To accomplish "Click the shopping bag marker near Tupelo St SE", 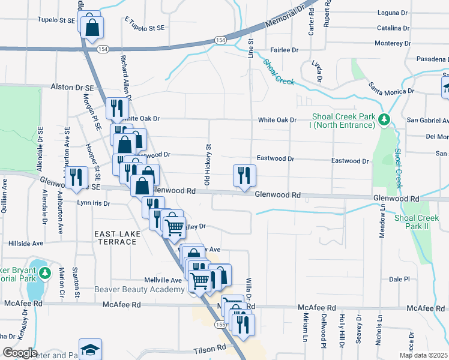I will click(x=92, y=27).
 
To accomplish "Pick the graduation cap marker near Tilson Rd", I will click(x=90, y=349).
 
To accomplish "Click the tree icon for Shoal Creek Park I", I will click(x=384, y=119).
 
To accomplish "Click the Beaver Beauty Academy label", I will click(x=139, y=290).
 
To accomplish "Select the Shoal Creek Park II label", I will click(x=421, y=222).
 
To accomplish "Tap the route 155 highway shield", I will click(x=221, y=325).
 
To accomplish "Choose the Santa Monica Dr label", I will click(x=392, y=89).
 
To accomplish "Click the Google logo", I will click(x=19, y=353).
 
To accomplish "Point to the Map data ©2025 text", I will click(x=423, y=355).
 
